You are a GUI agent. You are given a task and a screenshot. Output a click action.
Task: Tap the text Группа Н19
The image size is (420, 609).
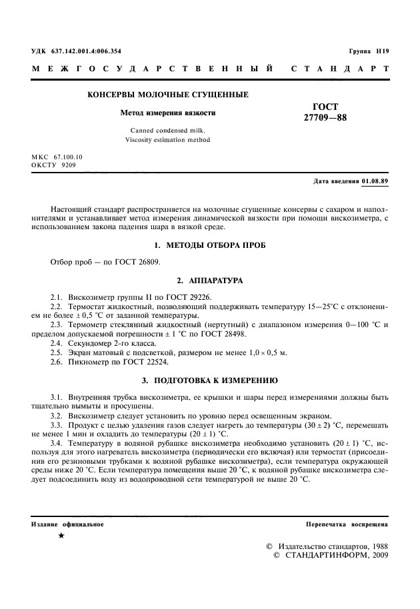click(x=368, y=51)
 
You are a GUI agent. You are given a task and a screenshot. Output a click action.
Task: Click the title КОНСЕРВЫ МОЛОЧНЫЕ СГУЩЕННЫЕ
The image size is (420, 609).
click(x=168, y=95)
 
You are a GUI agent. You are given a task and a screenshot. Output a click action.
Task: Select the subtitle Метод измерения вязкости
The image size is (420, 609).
click(x=167, y=113)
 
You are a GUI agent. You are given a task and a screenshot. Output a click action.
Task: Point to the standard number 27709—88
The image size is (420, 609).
click(x=325, y=118)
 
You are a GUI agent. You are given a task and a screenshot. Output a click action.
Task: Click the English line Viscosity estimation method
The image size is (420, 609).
click(x=167, y=140)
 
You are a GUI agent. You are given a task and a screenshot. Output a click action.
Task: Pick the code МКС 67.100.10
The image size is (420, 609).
click(x=57, y=157)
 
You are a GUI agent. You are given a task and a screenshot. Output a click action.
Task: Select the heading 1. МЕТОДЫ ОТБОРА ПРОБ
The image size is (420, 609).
click(x=210, y=245)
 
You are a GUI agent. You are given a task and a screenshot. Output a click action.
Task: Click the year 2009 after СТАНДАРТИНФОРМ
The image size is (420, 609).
click(x=377, y=554)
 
